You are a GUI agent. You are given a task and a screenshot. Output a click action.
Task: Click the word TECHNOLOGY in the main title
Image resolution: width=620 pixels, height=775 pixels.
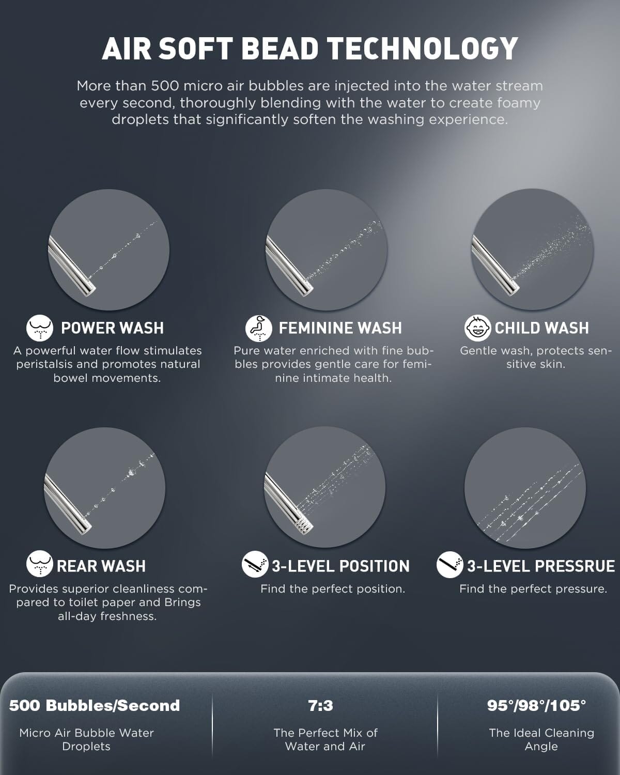coord(423,49)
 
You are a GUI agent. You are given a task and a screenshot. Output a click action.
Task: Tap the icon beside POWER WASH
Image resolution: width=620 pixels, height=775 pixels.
coord(40,328)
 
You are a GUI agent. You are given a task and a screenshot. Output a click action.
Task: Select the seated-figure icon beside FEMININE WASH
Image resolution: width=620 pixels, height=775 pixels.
coord(258,328)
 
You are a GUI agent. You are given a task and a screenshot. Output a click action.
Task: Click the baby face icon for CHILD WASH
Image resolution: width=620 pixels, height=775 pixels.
coord(477,328)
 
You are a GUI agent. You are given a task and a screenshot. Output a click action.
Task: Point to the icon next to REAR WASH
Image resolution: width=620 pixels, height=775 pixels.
coord(40,565)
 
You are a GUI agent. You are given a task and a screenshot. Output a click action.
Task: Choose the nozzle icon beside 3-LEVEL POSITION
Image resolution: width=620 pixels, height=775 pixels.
coord(255,565)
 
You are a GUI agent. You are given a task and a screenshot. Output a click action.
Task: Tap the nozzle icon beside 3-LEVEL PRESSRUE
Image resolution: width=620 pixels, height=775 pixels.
coord(450,565)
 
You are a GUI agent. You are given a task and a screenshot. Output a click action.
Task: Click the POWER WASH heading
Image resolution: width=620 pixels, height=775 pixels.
coord(112,328)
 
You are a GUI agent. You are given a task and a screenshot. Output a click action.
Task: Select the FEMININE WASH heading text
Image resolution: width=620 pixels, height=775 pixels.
coord(340,328)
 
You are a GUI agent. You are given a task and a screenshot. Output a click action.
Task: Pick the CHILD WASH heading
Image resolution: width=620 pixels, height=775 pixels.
coord(541,328)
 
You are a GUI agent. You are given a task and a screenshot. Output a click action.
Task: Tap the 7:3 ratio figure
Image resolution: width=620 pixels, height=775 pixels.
coord(320,705)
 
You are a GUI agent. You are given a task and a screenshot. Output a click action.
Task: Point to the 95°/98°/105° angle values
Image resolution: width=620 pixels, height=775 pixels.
coord(536,705)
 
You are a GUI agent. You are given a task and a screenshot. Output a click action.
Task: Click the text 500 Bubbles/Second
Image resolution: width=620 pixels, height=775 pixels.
coord(95,705)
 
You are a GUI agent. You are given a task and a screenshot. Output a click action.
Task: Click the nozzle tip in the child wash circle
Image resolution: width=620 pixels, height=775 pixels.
coord(512,285)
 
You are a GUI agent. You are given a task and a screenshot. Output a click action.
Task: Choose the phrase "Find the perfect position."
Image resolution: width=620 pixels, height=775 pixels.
coord(333,589)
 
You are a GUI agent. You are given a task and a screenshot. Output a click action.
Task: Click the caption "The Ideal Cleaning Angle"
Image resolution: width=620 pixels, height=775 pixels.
coord(541,739)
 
